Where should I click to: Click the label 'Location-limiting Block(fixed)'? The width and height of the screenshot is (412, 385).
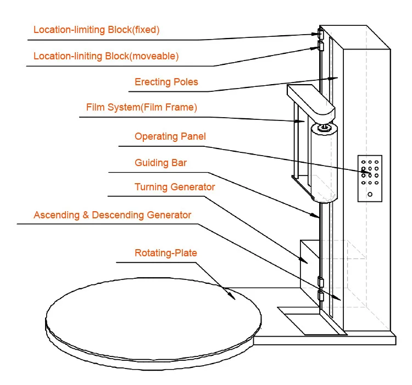click(96, 30)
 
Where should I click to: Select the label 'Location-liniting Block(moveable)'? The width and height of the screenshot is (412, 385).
click(106, 56)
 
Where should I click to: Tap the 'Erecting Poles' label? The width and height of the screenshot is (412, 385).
click(166, 82)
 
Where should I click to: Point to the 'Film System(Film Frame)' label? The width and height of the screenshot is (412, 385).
click(141, 108)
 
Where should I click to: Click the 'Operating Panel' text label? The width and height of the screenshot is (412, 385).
click(170, 136)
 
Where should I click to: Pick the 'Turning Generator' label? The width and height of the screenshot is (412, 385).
click(175, 187)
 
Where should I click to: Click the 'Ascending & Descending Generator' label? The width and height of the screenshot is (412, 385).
click(112, 215)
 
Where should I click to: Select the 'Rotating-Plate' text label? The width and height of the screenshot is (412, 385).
click(165, 253)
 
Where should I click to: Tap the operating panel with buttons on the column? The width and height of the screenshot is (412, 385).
click(370, 178)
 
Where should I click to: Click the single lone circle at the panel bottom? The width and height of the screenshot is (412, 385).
click(370, 194)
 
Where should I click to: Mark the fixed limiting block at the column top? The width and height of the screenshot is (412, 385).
click(319, 34)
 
